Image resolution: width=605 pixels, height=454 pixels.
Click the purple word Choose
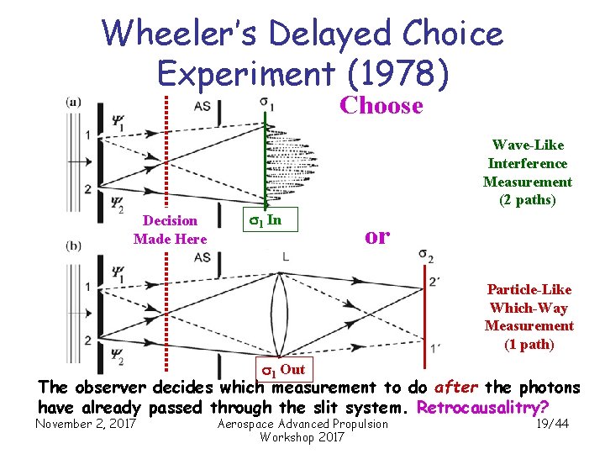[381, 106]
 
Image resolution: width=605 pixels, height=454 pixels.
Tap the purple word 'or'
[377, 236]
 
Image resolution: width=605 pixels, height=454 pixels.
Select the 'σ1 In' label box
[266, 220]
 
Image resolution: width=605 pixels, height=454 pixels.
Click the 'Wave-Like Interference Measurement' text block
[527, 172]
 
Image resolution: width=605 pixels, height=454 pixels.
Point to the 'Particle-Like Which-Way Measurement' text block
[529, 317]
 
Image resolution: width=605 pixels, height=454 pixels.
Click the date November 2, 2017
[86, 424]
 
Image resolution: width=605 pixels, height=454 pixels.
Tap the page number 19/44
[551, 424]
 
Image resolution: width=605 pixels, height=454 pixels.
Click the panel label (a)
[73, 103]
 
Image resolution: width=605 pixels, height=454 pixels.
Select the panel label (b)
[74, 247]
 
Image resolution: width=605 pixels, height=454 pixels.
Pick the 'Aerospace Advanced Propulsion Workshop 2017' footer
[302, 430]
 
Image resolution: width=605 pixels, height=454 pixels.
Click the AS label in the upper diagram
[203, 106]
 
